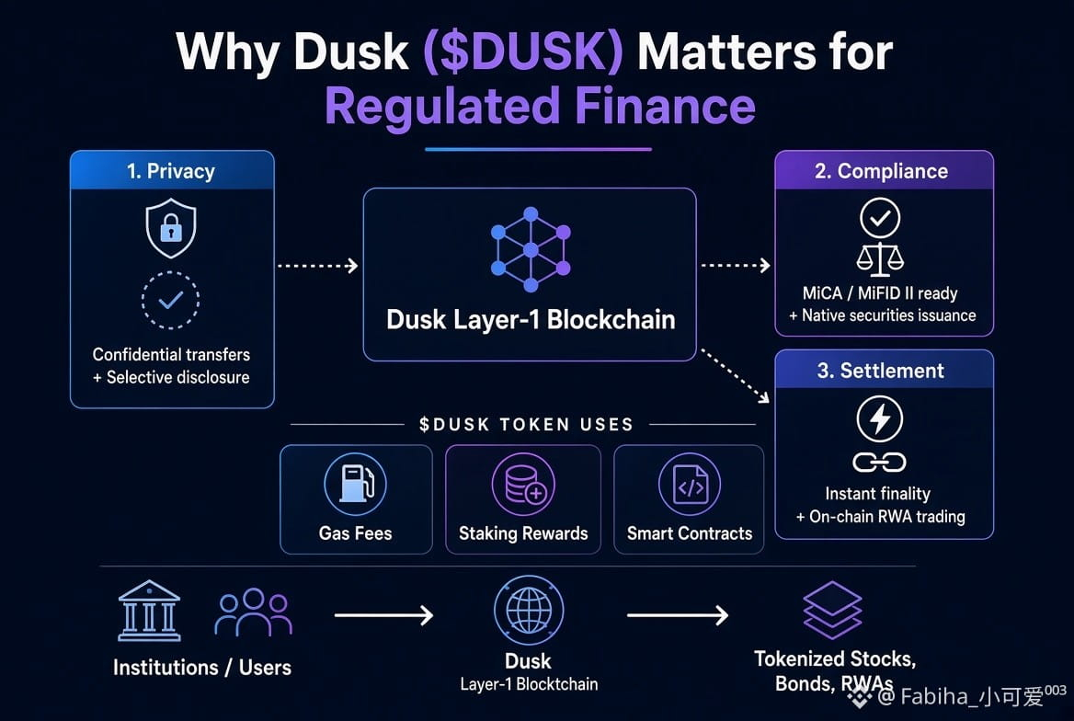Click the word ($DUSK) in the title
[x=523, y=52]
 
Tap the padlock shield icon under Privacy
[x=170, y=228]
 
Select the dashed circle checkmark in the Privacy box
[x=170, y=300]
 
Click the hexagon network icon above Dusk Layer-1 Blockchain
[x=531, y=249]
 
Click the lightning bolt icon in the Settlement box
[x=880, y=418]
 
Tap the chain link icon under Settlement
[x=879, y=463]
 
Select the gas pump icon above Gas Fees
[x=356, y=484]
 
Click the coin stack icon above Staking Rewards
[x=523, y=484]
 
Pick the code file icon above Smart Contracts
[x=690, y=484]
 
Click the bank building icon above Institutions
[x=149, y=611]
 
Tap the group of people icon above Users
[x=254, y=612]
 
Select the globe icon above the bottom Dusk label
[x=529, y=610]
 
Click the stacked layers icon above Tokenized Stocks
[x=832, y=610]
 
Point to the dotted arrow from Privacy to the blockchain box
[x=318, y=266]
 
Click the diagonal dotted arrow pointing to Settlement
[x=735, y=375]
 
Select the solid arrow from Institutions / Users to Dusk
[x=383, y=614]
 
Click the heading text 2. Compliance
[x=882, y=171]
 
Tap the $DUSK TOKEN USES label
[x=525, y=424]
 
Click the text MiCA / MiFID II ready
[x=880, y=293]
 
